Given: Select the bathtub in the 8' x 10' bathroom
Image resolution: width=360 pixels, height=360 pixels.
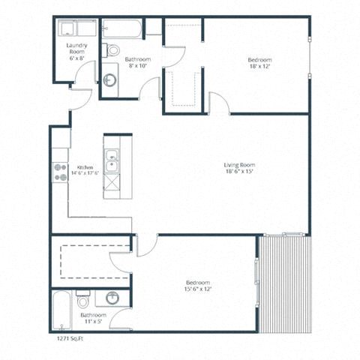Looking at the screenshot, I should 122,29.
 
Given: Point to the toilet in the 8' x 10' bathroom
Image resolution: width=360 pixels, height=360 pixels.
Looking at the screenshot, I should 112,50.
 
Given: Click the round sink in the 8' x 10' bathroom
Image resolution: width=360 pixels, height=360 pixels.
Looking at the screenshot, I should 109,79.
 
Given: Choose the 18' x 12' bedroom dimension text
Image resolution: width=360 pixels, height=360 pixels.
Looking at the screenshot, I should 259,67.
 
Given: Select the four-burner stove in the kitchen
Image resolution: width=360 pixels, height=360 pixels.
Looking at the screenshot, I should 59,172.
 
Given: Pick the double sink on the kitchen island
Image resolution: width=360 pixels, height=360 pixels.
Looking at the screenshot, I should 111,160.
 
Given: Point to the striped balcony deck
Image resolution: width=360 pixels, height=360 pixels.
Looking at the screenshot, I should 284,283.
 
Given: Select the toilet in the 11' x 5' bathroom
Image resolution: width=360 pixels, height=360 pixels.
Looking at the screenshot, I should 82,301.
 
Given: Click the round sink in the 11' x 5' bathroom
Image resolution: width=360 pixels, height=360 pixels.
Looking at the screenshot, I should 112,298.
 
